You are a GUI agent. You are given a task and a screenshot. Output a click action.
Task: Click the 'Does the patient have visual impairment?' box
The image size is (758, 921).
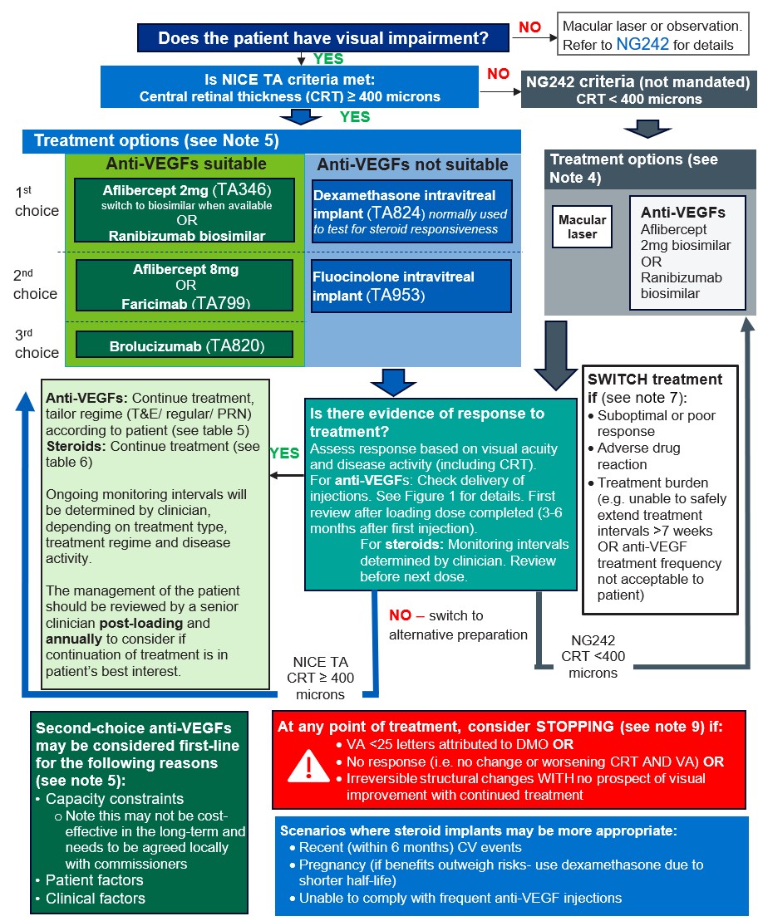click(x=322, y=38)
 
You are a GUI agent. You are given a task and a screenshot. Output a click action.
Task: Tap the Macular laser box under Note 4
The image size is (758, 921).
click(x=582, y=227)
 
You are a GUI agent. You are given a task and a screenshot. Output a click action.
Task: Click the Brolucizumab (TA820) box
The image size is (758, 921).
click(x=185, y=345)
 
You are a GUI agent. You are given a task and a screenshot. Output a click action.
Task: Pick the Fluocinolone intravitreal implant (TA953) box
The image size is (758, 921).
click(x=412, y=287)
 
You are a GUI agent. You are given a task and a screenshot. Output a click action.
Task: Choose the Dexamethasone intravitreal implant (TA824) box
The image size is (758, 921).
click(x=412, y=212)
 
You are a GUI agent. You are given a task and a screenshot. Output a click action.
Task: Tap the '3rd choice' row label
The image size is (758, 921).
click(x=37, y=344)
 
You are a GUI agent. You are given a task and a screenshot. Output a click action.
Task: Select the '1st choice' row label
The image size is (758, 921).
click(x=37, y=202)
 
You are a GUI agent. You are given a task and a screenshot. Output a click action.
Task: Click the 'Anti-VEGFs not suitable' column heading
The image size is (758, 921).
click(x=411, y=164)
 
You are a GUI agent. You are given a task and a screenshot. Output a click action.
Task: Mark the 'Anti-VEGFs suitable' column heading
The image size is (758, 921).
click(x=185, y=163)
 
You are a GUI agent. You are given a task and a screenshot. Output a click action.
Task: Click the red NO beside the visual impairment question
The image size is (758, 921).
click(x=529, y=28)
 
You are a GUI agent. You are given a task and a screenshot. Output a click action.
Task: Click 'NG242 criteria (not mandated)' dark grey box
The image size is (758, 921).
click(x=638, y=90)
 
